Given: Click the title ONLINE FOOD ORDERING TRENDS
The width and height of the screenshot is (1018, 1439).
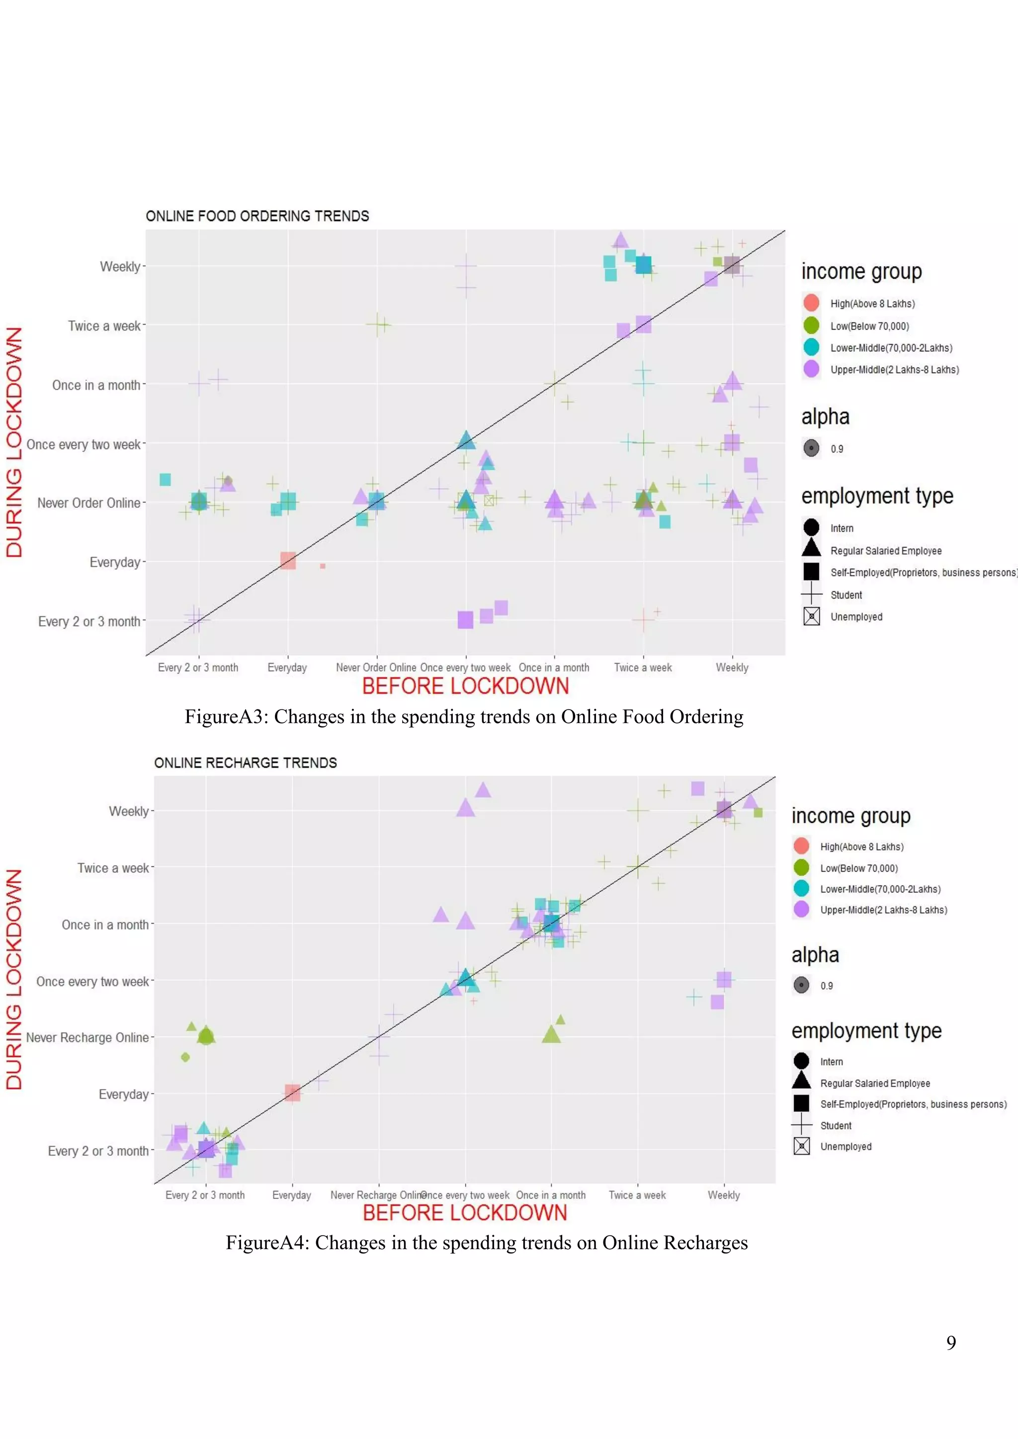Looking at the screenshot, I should click(x=257, y=216).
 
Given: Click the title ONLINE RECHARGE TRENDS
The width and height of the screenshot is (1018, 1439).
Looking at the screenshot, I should click(x=245, y=763).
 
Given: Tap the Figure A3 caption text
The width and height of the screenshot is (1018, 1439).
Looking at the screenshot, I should click(x=464, y=717).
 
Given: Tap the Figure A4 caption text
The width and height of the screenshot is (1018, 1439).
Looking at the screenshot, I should click(x=487, y=1242).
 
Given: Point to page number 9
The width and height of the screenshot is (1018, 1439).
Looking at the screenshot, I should click(x=951, y=1343).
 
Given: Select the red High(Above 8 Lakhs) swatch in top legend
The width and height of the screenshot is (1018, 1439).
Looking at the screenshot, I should click(x=811, y=303).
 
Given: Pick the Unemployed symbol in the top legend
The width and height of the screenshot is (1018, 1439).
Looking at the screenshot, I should click(x=811, y=617).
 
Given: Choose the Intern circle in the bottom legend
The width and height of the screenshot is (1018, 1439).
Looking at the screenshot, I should click(x=801, y=1060).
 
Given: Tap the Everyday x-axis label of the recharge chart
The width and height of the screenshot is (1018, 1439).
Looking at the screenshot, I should click(x=291, y=1195).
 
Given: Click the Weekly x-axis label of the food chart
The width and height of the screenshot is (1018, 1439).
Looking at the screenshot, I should click(x=732, y=667).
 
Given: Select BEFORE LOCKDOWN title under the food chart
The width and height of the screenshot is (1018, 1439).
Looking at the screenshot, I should click(x=465, y=686).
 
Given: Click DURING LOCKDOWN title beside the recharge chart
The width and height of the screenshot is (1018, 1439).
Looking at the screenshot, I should click(x=14, y=979).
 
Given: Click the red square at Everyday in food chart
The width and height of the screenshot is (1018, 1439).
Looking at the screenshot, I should click(x=288, y=560).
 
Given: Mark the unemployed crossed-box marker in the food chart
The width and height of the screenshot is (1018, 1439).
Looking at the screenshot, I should click(x=490, y=500).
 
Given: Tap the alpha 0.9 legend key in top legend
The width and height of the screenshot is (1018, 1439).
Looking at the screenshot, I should click(x=811, y=448).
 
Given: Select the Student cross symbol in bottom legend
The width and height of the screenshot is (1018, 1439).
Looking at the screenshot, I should click(x=801, y=1125).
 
